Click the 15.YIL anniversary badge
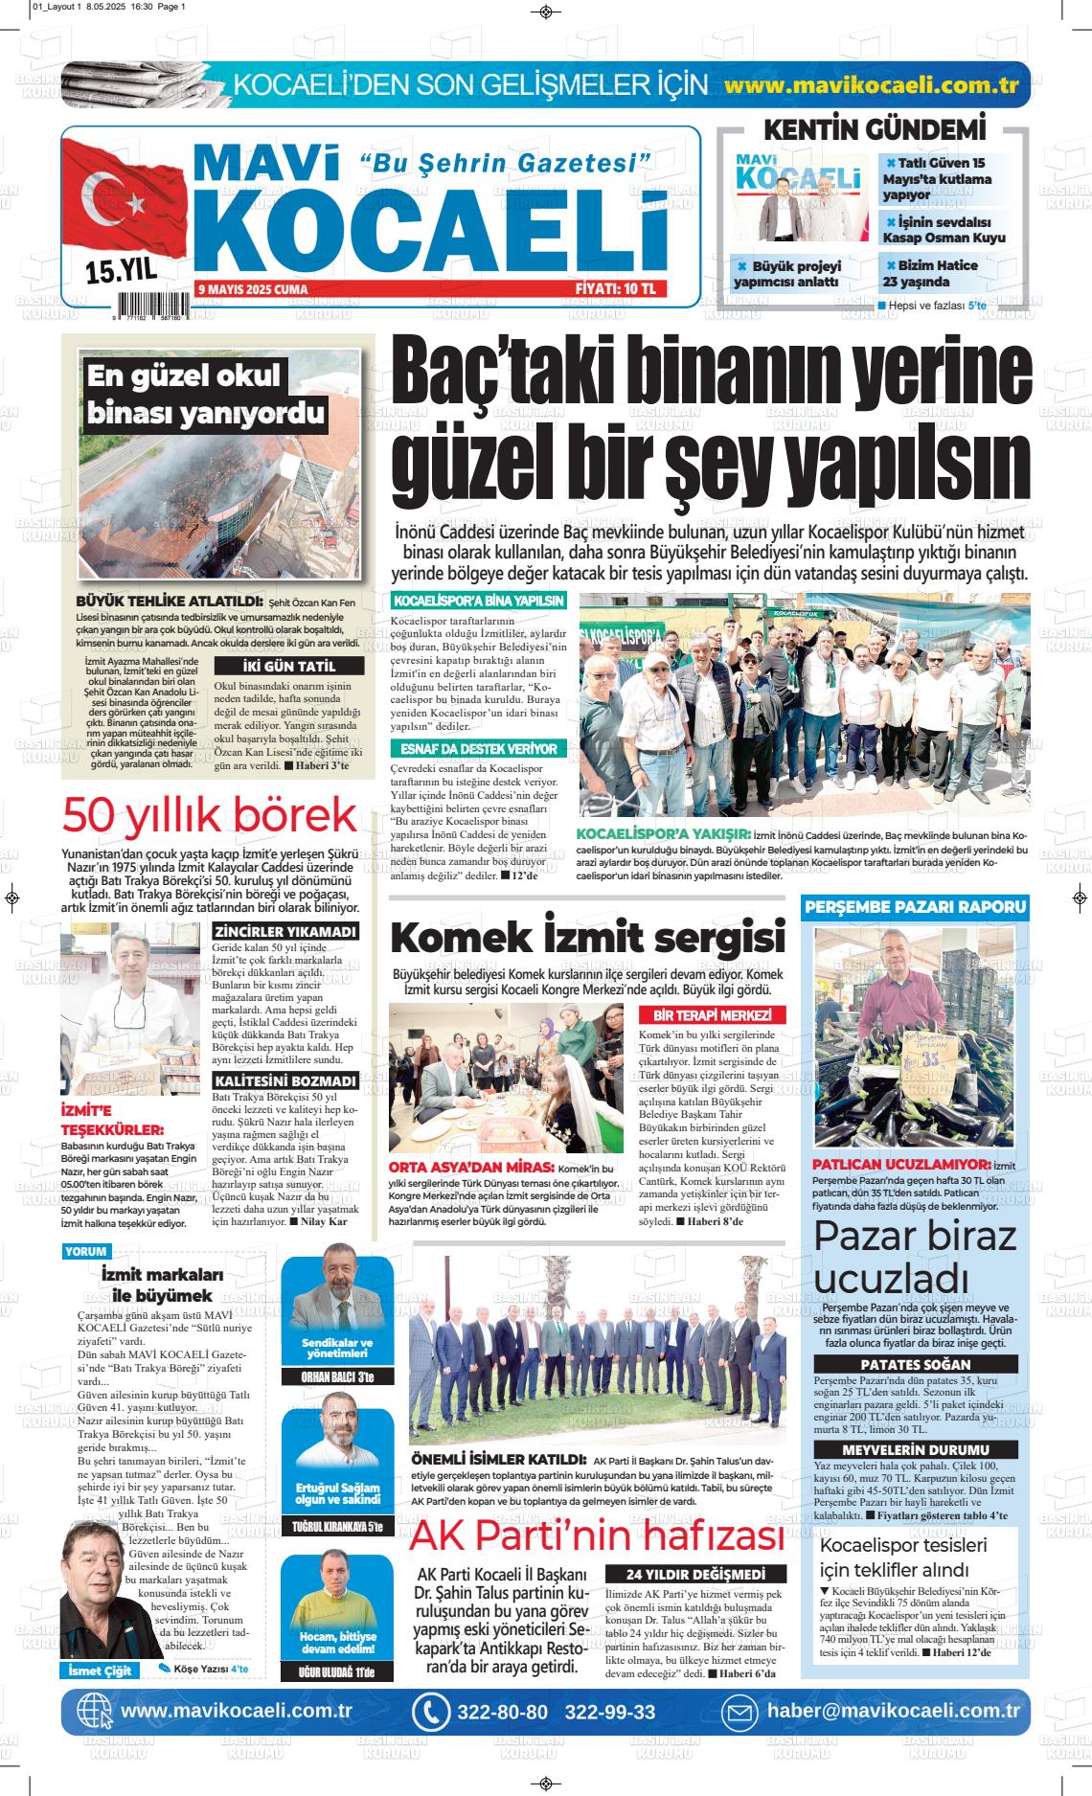pyautogui.click(x=121, y=271)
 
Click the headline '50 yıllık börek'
pyautogui.click(x=209, y=815)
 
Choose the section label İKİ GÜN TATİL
pyautogui.click(x=288, y=667)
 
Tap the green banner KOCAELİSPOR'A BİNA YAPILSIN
pyautogui.click(x=478, y=602)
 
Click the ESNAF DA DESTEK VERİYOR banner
pyautogui.click(x=478, y=748)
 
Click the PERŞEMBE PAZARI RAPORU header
pyautogui.click(x=915, y=906)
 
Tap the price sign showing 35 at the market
pyautogui.click(x=906, y=1059)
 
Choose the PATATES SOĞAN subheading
pyautogui.click(x=914, y=1364)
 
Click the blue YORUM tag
pyautogui.click(x=86, y=1251)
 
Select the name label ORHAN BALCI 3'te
pyautogui.click(x=338, y=1377)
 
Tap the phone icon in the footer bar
pyautogui.click(x=430, y=1712)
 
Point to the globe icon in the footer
pyautogui.click(x=94, y=1712)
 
